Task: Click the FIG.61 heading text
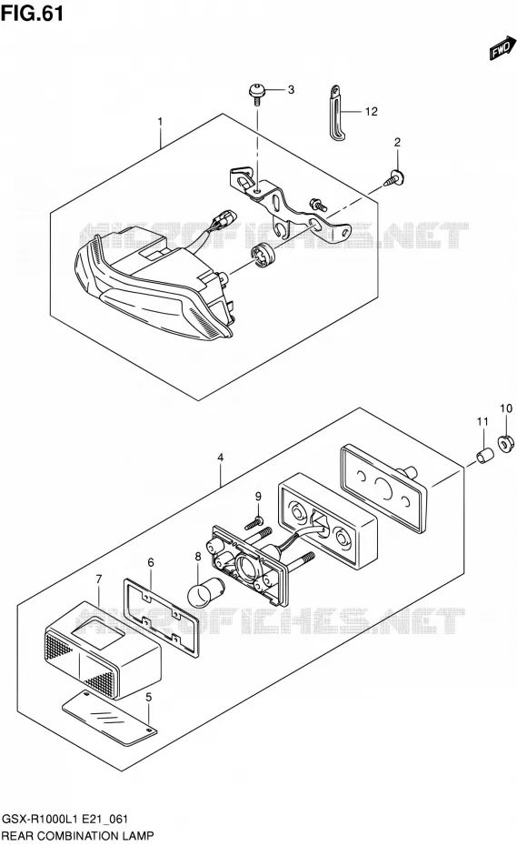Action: (x=32, y=13)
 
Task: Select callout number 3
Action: (x=291, y=89)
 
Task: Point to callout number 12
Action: (x=371, y=112)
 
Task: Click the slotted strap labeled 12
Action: (x=335, y=114)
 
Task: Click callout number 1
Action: (x=160, y=122)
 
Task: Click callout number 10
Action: (x=506, y=408)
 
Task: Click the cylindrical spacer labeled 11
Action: (x=483, y=455)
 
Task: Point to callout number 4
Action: (x=221, y=458)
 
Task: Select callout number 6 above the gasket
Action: (x=151, y=562)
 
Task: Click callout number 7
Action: (x=99, y=579)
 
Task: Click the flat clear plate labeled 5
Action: (x=109, y=715)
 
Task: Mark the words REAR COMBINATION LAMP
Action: (x=77, y=836)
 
